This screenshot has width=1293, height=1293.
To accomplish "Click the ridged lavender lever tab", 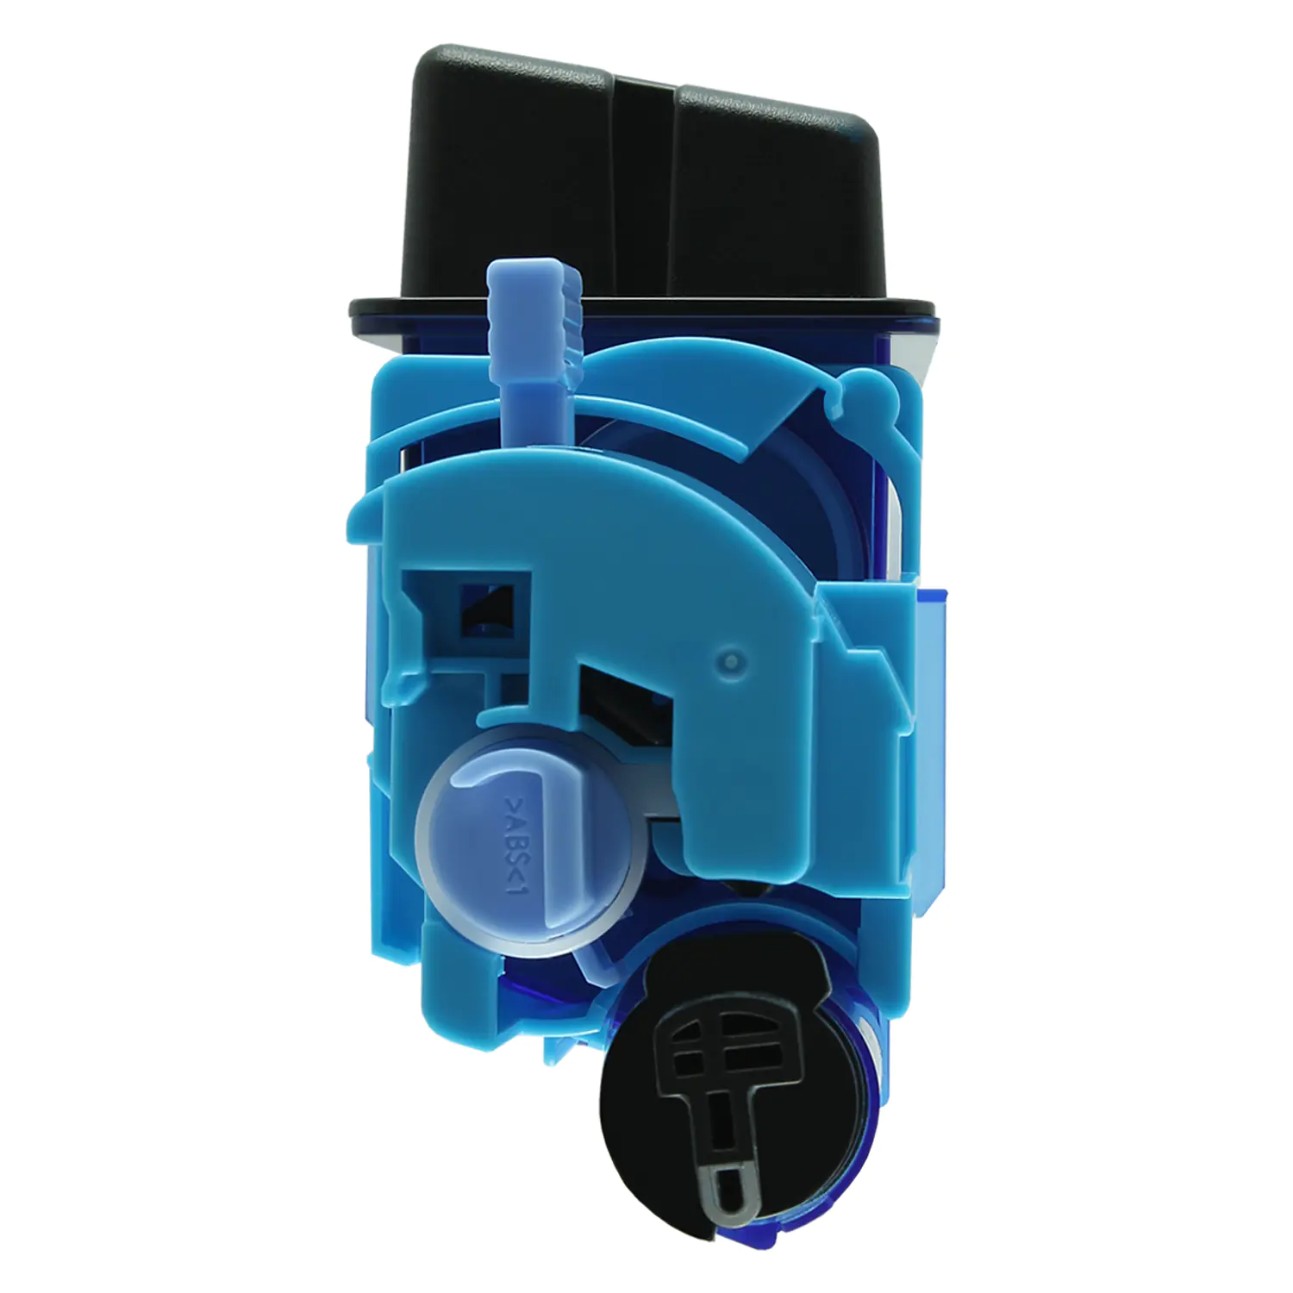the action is tap(534, 315).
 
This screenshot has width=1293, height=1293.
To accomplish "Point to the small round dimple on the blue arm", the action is tap(731, 662).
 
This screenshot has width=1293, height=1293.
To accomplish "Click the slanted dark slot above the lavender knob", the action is tap(628, 698).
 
